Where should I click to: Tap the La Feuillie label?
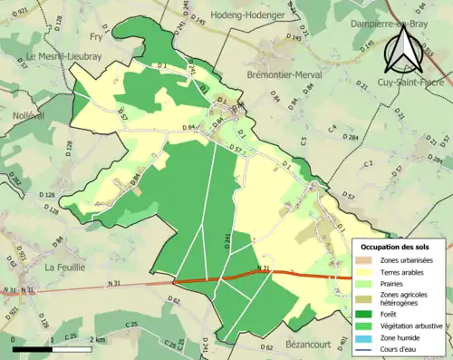click(x=64, y=268)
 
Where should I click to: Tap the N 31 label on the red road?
click(x=265, y=268)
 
